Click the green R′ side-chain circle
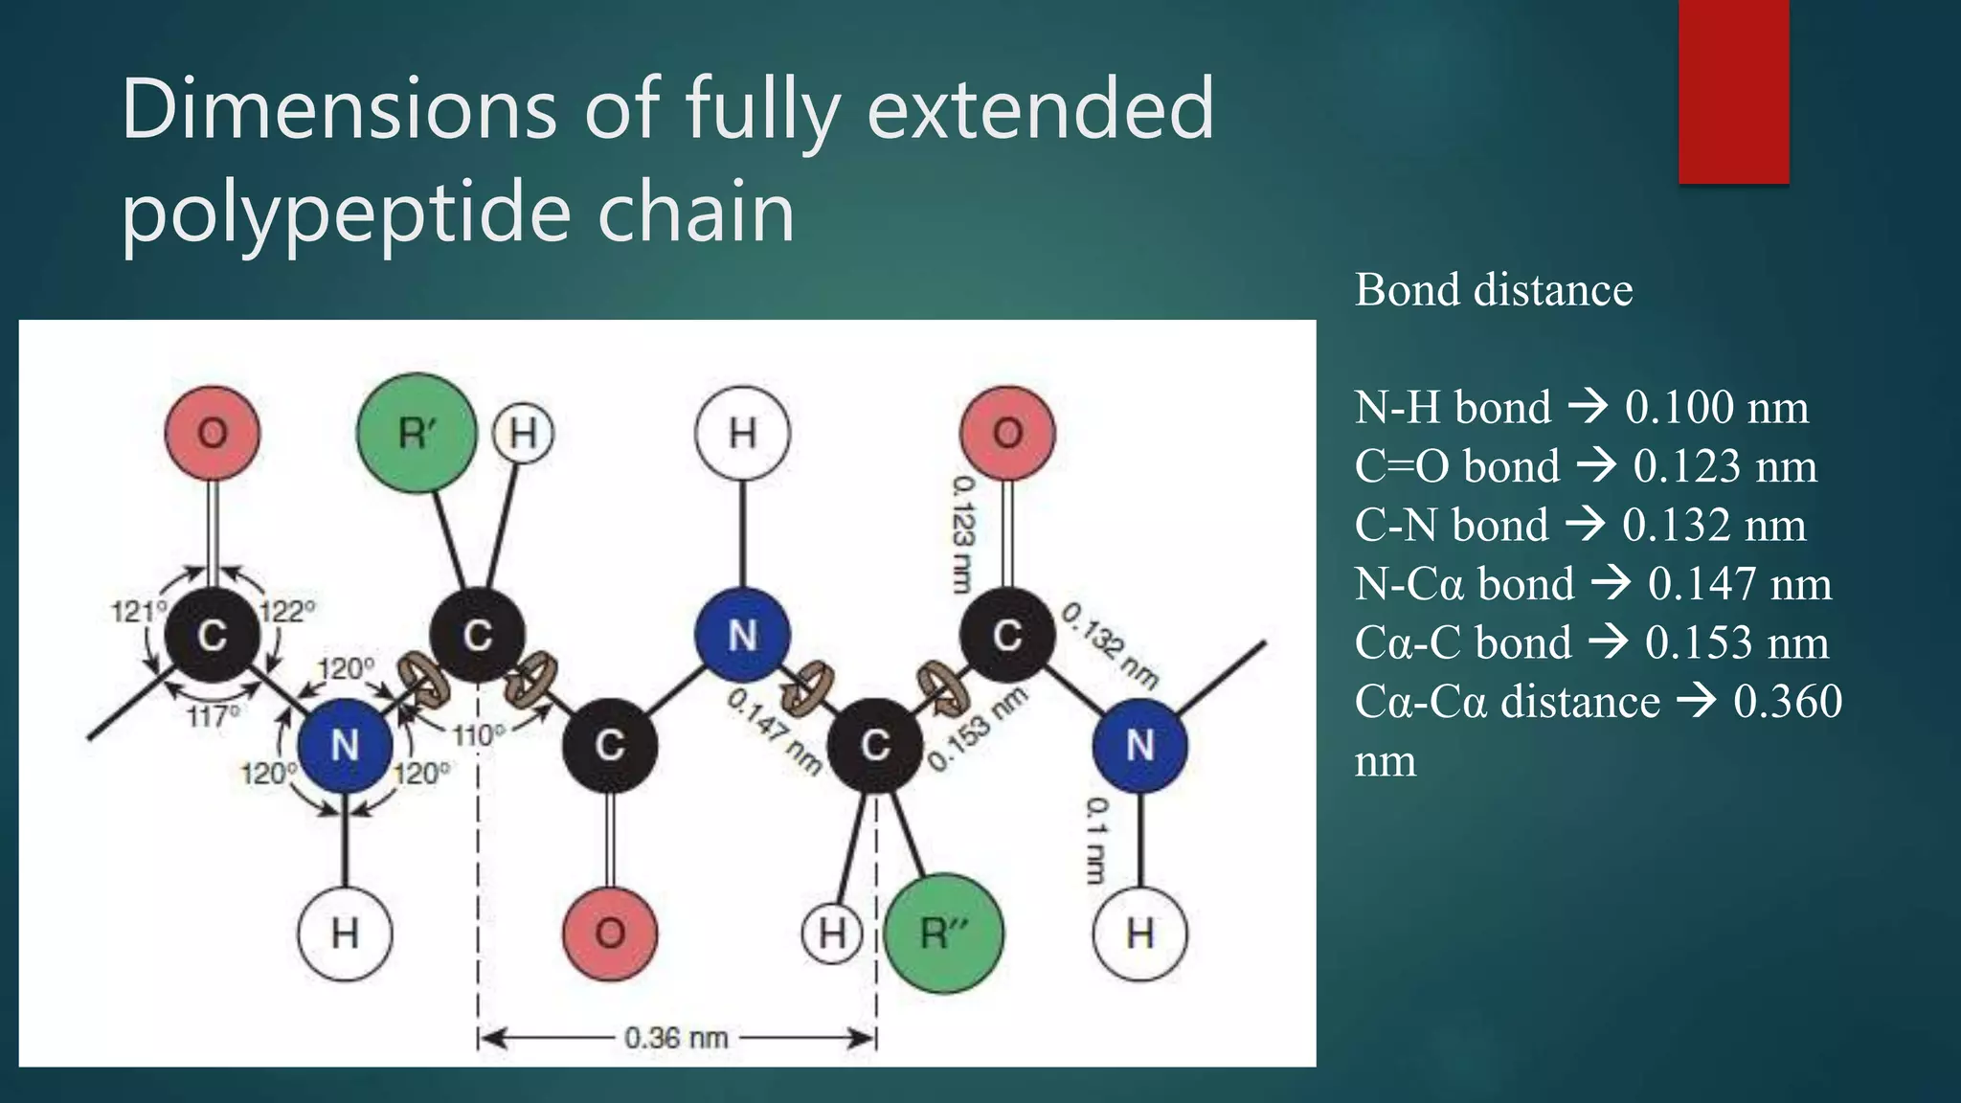click(417, 433)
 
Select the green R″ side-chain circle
click(944, 933)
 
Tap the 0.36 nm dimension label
click(676, 1038)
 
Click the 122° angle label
click(287, 611)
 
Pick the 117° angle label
click(213, 715)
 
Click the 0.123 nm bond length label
click(963, 534)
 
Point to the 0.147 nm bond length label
click(775, 731)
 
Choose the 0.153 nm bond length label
click(978, 729)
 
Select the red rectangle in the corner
click(1733, 91)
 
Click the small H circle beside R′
click(523, 433)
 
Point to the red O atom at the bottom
click(610, 933)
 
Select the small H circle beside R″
click(832, 933)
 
